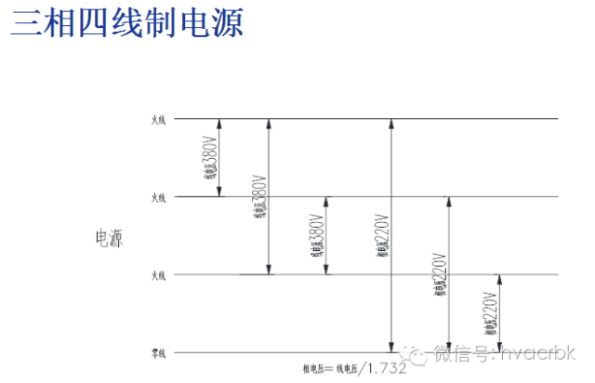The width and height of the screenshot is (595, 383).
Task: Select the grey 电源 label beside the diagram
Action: click(110, 238)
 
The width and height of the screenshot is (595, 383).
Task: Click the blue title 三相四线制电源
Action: click(127, 23)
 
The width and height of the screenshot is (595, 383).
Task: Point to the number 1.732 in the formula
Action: click(387, 368)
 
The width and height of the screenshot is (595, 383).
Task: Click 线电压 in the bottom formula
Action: click(347, 369)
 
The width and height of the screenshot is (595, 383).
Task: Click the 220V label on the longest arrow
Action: click(382, 237)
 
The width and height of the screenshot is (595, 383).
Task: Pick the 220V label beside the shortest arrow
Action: click(489, 313)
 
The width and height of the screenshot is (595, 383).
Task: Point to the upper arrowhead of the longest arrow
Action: click(391, 124)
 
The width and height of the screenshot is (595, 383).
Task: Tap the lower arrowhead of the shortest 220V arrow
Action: click(500, 348)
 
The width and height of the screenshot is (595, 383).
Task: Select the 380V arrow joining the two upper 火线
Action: click(219, 158)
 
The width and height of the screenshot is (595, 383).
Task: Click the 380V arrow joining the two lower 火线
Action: click(326, 236)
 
